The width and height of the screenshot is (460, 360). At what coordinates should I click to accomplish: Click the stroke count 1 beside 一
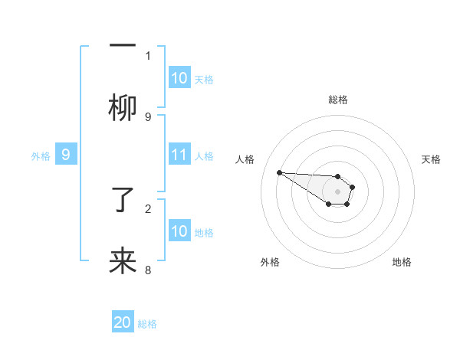(x=148, y=55)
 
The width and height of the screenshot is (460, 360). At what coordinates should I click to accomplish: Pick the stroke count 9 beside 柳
(x=148, y=116)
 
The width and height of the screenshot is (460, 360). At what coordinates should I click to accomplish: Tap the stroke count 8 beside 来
(x=148, y=270)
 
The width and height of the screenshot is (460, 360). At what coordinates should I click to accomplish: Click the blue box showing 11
(x=179, y=155)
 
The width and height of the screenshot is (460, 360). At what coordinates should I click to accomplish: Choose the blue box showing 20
(x=123, y=323)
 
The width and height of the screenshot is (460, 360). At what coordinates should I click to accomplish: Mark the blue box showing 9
(x=66, y=155)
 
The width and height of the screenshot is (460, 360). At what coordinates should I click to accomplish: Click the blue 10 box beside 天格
(x=179, y=78)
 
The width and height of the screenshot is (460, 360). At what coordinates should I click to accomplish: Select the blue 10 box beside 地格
(x=179, y=231)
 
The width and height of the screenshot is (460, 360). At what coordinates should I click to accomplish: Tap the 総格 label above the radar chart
(x=338, y=100)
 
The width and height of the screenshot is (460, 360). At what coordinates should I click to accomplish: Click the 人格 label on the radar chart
(x=245, y=159)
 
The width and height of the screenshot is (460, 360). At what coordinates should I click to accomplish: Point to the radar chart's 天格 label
(x=431, y=159)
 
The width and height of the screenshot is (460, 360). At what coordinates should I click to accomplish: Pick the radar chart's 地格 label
(x=402, y=262)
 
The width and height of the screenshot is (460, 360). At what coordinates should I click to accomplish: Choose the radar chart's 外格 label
(x=270, y=262)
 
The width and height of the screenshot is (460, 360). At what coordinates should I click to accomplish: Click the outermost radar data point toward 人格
(x=279, y=172)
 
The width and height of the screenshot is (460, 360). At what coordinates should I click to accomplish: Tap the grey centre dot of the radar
(x=337, y=191)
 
